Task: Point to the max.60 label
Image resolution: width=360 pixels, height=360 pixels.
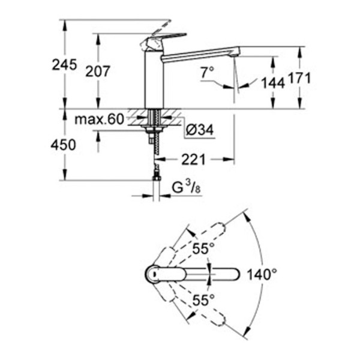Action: point(99,119)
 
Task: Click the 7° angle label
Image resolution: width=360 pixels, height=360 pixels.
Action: point(208,73)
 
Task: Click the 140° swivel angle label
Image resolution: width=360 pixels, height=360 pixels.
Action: point(262,274)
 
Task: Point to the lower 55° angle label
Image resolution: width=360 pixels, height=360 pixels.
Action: point(203,301)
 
